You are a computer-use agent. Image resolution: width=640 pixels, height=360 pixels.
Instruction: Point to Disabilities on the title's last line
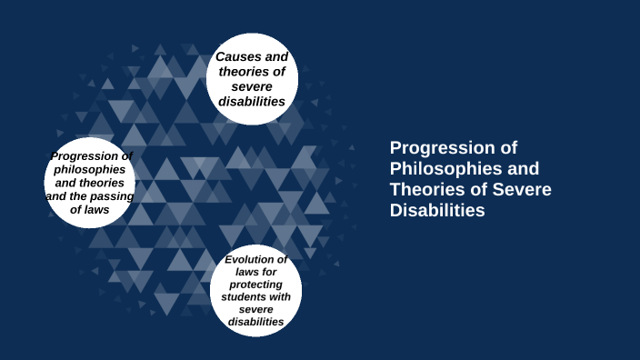437,210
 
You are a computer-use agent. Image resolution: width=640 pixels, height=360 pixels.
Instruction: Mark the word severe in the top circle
252,86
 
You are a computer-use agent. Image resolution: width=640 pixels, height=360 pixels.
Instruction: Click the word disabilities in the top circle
252,101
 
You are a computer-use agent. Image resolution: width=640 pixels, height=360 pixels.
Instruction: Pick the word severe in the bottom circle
255,309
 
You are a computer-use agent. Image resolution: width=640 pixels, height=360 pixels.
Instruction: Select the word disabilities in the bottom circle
255,322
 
